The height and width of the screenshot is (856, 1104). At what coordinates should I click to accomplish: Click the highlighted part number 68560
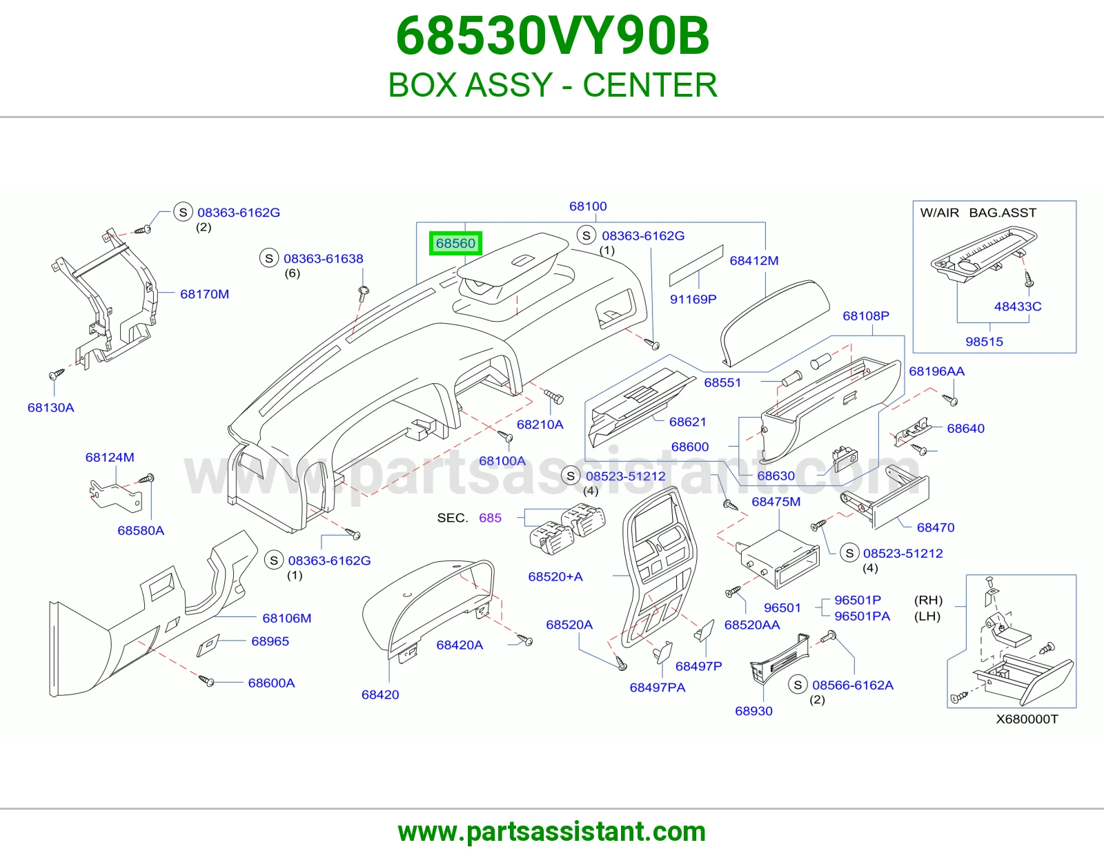(x=455, y=244)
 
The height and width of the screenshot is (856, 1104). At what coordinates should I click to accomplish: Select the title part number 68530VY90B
(x=552, y=36)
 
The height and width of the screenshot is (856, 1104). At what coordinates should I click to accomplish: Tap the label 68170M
(x=204, y=294)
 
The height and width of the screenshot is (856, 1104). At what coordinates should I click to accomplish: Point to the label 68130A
(x=51, y=408)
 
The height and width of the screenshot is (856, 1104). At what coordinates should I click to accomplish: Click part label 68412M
(x=754, y=261)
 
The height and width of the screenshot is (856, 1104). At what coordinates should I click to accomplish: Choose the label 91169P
(x=693, y=300)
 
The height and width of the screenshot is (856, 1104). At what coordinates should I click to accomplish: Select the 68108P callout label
(x=866, y=316)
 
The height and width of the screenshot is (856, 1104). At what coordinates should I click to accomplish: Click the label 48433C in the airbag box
(x=1018, y=307)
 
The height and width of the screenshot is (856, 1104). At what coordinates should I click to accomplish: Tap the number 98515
(x=984, y=342)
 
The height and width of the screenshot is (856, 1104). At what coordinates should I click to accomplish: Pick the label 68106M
(x=286, y=618)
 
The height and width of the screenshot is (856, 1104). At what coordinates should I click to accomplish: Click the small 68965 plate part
(x=208, y=645)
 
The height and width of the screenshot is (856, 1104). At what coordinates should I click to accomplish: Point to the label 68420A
(x=460, y=645)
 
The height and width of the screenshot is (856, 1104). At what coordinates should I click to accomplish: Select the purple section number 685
(x=490, y=518)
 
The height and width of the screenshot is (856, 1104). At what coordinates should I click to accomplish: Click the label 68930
(x=753, y=711)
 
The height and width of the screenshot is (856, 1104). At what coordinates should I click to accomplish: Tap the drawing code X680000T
(x=1027, y=719)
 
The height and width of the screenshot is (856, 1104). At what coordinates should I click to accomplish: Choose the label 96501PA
(x=862, y=616)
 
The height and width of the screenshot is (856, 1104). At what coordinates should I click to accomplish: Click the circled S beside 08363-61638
(x=269, y=258)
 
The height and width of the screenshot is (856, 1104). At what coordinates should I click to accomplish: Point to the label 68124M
(x=110, y=458)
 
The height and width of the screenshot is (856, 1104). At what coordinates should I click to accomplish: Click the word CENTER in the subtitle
(x=650, y=85)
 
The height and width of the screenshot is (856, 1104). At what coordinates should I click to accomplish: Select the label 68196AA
(x=936, y=371)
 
